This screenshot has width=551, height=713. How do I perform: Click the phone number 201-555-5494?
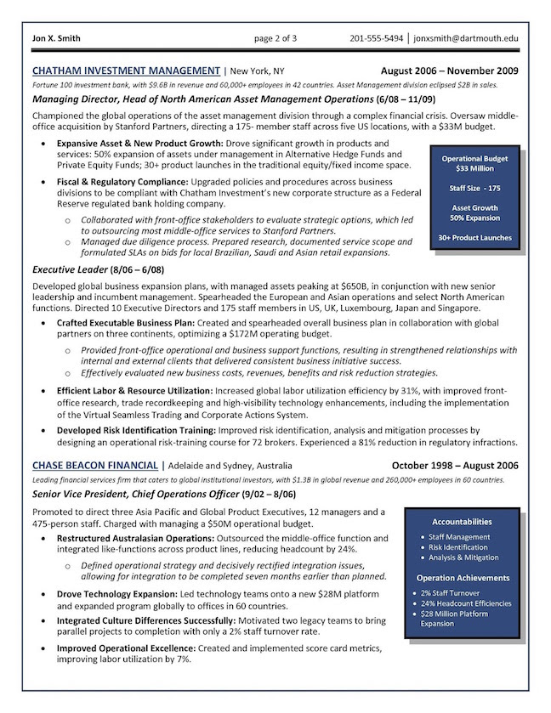(377, 38)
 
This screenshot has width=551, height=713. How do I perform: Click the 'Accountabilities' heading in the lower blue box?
(462, 521)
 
